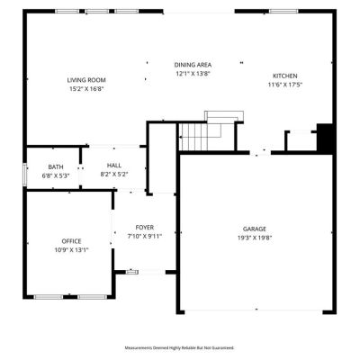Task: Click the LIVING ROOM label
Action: [x=86, y=80]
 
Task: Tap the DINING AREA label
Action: [x=193, y=65]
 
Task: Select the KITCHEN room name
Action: [x=285, y=76]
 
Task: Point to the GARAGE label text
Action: [x=255, y=229]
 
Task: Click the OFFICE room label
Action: [x=71, y=241]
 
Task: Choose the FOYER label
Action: [x=145, y=228]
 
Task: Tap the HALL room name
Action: [x=114, y=166]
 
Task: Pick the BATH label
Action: [x=56, y=167]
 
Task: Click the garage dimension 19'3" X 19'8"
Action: [x=255, y=238]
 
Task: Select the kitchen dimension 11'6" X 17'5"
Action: [x=285, y=85]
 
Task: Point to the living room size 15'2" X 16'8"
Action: [x=86, y=89]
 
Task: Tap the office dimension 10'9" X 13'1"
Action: [x=71, y=250]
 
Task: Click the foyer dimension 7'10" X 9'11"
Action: [x=145, y=237]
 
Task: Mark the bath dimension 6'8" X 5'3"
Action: [x=56, y=175]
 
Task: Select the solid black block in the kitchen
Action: [x=325, y=139]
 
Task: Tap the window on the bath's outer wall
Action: [x=25, y=175]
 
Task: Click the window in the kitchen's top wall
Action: [x=283, y=12]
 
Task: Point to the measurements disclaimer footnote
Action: [x=179, y=348]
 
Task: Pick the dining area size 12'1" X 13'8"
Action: [x=193, y=74]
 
